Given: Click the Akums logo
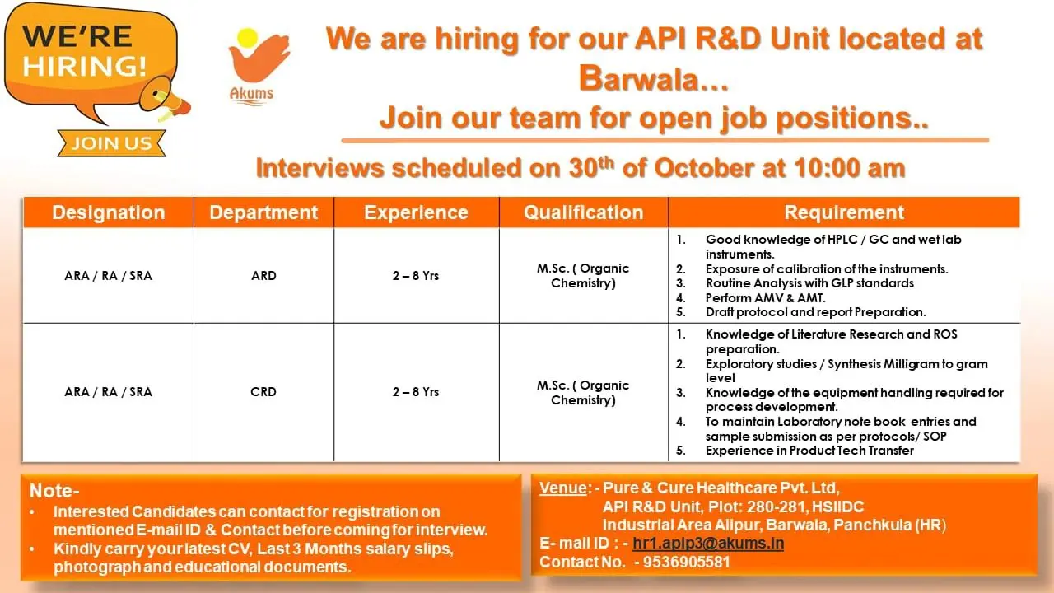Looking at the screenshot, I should tap(250, 66).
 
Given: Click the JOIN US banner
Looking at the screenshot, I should tap(111, 143).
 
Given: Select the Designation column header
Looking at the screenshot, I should tap(108, 212).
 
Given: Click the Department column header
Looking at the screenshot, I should tap(263, 212).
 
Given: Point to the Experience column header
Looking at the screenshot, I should tap(416, 212).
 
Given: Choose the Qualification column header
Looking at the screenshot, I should tap(583, 212).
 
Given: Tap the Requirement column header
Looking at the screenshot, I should tap(844, 212).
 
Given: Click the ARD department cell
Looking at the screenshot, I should tap(263, 276).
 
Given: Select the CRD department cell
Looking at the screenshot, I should tap(263, 392).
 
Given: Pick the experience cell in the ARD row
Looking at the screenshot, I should tap(416, 276).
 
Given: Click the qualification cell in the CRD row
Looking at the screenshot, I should tap(583, 392).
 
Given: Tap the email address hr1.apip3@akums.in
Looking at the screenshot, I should tap(708, 544).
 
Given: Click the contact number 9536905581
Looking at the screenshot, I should tap(682, 562).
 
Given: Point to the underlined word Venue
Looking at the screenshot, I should tap(563, 488).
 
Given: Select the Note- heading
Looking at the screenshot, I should tap(54, 492).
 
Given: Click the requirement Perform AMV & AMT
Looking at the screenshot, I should tap(765, 297).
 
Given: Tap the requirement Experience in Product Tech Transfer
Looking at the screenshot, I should tap(809, 451).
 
